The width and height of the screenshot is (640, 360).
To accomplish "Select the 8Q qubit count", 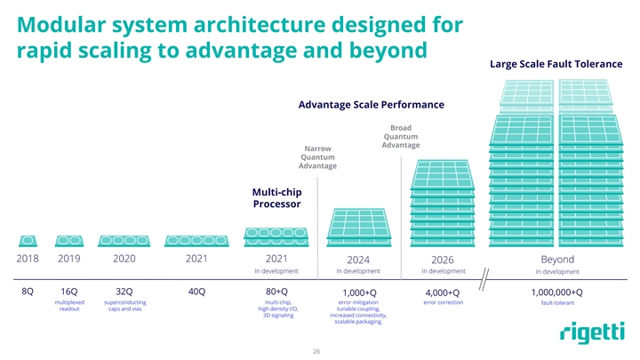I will (x=28, y=292).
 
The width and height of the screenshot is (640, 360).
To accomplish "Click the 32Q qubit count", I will (x=124, y=292).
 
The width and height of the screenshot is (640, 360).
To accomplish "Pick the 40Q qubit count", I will (x=197, y=292).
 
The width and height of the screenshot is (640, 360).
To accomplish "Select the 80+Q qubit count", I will (x=275, y=292).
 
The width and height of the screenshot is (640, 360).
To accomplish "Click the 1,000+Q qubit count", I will (x=359, y=293).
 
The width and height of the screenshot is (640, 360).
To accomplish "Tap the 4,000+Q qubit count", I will (x=443, y=293).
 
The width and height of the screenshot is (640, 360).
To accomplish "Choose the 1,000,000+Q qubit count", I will (x=556, y=293).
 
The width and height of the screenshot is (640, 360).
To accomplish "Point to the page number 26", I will (x=316, y=352).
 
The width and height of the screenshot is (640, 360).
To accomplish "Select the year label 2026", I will (x=443, y=260).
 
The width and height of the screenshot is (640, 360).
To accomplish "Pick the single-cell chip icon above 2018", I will (x=28, y=241).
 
